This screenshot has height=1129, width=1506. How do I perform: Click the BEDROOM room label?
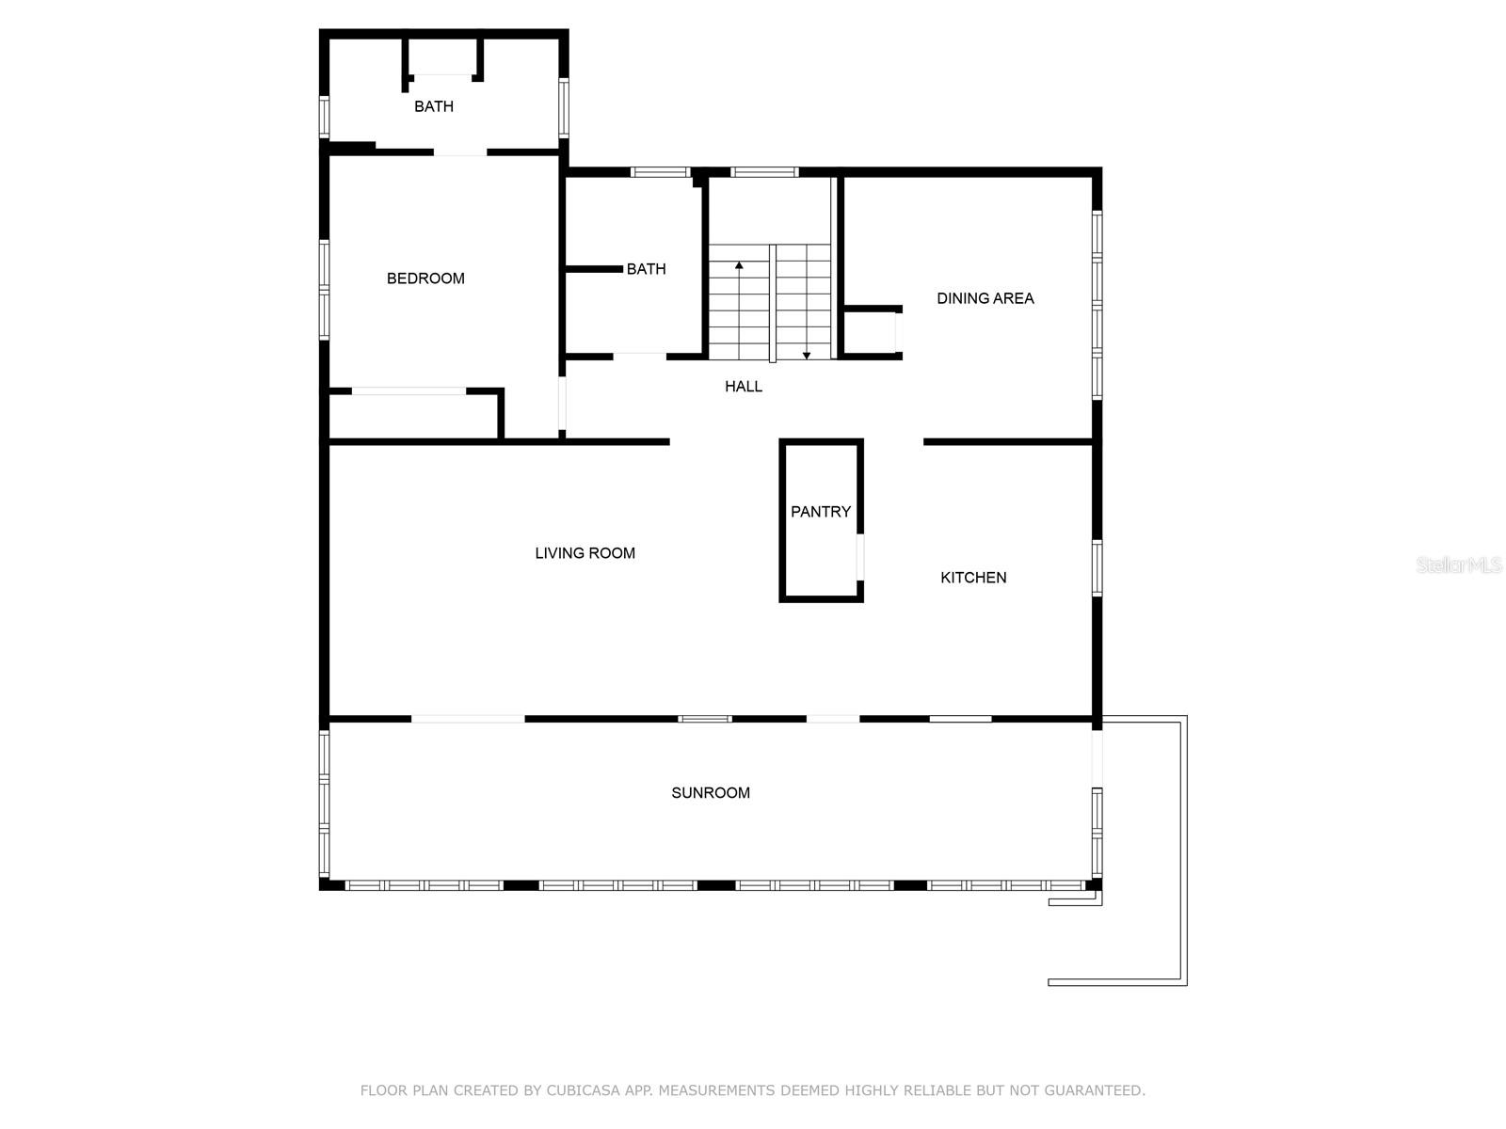coord(425,278)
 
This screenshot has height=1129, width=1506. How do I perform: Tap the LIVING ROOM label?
coord(585,553)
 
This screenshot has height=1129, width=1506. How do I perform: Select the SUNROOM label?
coord(710,793)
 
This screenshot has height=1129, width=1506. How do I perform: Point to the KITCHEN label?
coord(973,578)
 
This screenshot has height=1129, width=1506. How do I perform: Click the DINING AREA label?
coord(985,298)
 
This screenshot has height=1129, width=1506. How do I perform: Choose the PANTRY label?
coord(821,512)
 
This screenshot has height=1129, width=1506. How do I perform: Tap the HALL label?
coord(743,387)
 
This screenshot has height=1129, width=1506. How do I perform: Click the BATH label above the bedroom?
coord(434,106)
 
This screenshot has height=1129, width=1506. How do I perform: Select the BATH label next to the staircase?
coord(646,269)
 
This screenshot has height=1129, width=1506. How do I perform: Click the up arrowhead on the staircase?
coord(739,264)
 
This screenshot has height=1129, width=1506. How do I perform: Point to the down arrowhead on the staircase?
coord(807,355)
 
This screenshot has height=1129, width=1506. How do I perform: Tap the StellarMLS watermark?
coord(1458,564)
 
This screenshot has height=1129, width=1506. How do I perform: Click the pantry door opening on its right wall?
coord(860,557)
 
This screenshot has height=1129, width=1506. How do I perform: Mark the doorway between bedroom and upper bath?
coord(460,152)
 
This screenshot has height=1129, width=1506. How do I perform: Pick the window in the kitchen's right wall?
coord(1097,567)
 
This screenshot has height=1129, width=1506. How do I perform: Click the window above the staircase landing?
coord(764,172)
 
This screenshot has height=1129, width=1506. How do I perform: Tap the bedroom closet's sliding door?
coord(409,391)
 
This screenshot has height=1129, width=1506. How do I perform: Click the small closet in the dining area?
coord(871,332)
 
